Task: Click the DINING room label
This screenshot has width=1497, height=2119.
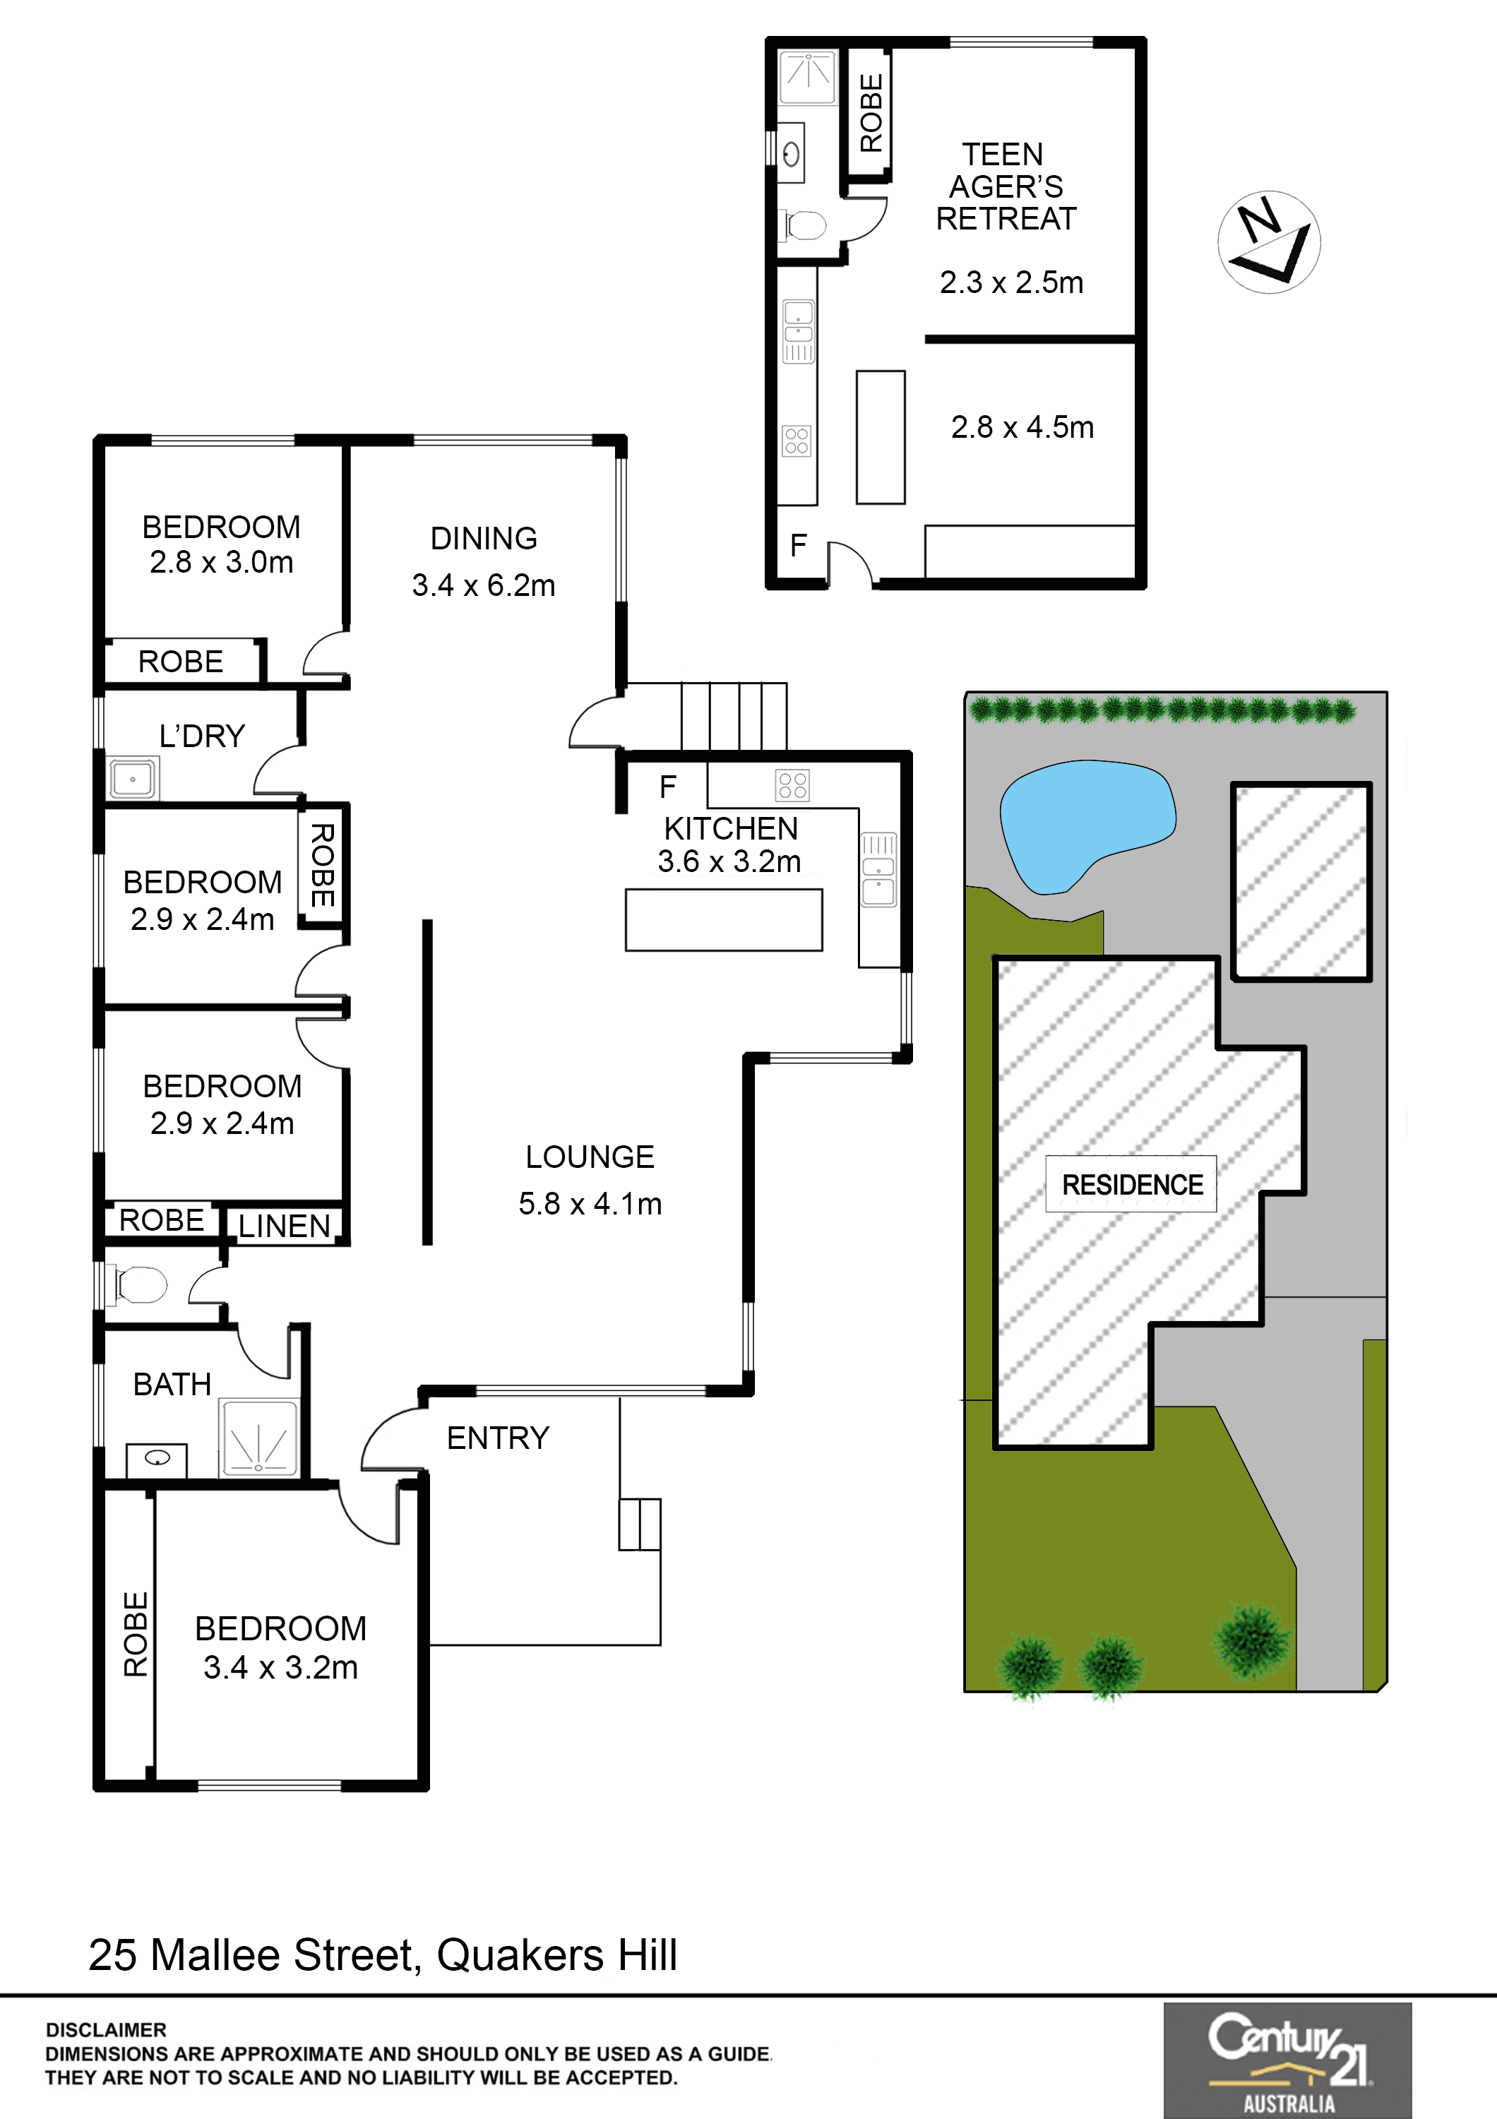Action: click(x=484, y=538)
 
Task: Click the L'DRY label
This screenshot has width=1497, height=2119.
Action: click(x=202, y=736)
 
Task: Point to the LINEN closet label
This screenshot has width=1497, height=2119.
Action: click(x=285, y=1226)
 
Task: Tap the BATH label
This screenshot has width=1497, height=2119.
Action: click(x=172, y=1385)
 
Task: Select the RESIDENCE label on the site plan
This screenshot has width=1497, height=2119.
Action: click(x=1133, y=1184)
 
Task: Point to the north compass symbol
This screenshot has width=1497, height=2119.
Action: click(x=1269, y=241)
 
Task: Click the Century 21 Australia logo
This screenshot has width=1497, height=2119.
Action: click(x=1287, y=2059)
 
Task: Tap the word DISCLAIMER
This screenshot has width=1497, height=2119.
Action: click(x=106, y=2029)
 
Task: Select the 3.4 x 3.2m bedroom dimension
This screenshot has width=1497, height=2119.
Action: click(x=280, y=1667)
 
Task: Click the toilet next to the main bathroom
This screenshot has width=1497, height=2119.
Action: click(x=141, y=1284)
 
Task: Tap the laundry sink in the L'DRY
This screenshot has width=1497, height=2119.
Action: click(x=133, y=779)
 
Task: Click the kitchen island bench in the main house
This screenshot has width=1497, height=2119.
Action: click(x=724, y=919)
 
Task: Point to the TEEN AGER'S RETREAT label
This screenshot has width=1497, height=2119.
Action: click(x=1006, y=186)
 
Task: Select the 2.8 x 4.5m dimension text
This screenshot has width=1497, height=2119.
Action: click(x=1022, y=427)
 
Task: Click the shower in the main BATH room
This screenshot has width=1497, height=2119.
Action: click(x=258, y=1438)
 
